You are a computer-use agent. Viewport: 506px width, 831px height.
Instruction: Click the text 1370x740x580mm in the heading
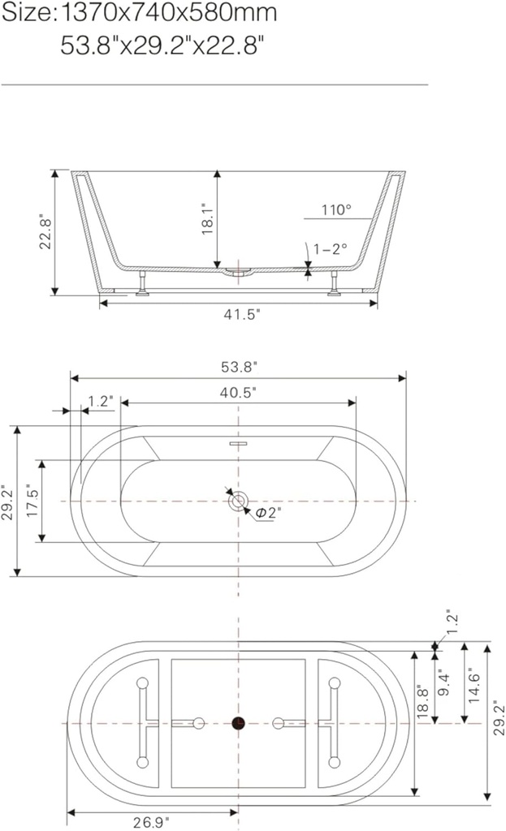pos(169,14)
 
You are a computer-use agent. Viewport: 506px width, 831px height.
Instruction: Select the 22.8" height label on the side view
pos(46,233)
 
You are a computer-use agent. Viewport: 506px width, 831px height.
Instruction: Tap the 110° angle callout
pos(336,210)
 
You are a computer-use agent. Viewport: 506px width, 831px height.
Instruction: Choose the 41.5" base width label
pos(241,315)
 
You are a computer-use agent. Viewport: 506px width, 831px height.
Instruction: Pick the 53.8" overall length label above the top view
pos(238,367)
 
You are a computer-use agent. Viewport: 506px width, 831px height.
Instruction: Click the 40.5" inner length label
pos(238,392)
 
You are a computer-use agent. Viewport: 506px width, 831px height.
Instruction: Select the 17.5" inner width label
pos(33,502)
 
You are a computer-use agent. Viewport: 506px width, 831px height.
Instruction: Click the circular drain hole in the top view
pos(238,502)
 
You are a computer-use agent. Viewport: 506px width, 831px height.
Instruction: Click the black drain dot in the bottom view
pos(238,722)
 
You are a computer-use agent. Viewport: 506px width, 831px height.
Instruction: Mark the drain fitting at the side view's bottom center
pos(238,272)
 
